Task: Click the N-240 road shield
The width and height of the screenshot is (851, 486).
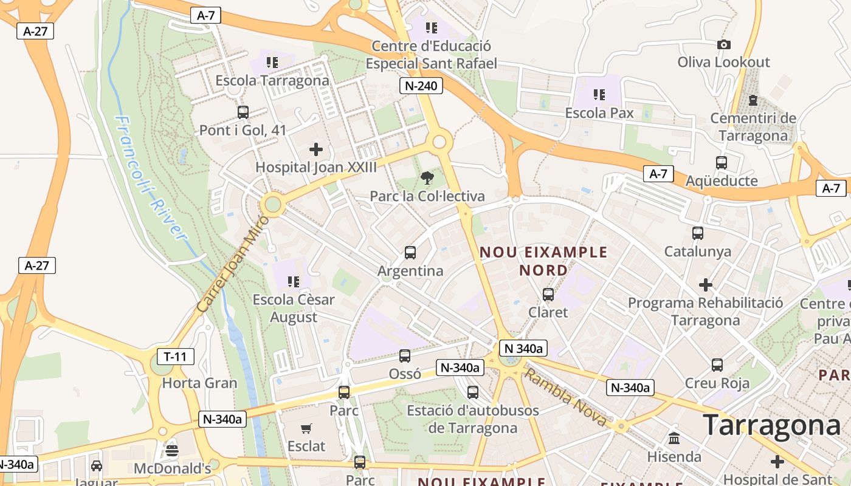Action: (421, 86)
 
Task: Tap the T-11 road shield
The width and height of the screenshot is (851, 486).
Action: (175, 356)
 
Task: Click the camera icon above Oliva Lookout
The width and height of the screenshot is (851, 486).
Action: (723, 44)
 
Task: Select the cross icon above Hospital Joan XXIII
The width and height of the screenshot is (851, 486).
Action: (316, 149)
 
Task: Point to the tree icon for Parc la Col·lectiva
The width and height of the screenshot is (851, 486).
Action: (427, 178)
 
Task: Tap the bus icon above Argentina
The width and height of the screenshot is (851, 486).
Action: (410, 253)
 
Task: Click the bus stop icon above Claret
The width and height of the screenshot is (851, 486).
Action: (548, 295)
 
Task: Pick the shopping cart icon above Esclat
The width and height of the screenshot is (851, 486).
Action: (306, 428)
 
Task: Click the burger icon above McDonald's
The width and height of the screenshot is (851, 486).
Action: (172, 451)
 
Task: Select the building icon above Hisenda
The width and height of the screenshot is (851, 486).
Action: (674, 438)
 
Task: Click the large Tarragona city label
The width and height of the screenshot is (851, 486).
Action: (772, 425)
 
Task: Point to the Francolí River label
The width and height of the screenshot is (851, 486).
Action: (150, 179)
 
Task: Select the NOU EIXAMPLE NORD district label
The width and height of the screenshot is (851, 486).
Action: (543, 261)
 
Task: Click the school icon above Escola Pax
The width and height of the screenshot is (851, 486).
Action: (599, 95)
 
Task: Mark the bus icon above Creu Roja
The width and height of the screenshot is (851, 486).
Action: (717, 365)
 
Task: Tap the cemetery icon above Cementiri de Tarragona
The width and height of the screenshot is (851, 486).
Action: (753, 100)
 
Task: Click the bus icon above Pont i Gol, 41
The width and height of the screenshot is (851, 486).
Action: (243, 112)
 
